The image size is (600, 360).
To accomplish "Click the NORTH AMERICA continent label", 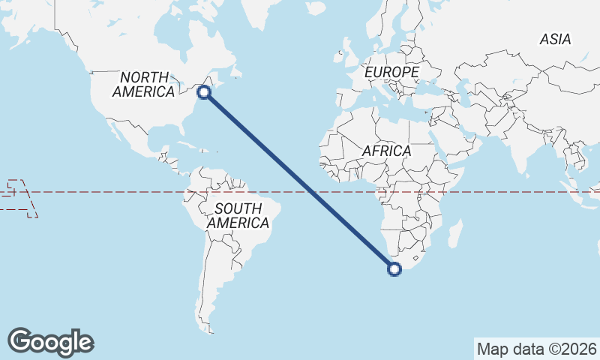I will [143, 83].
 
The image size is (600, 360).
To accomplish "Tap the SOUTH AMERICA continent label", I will [238, 215].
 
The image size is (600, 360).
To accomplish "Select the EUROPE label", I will [391, 71].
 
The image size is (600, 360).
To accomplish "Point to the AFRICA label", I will [386, 151].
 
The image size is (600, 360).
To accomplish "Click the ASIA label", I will [555, 39].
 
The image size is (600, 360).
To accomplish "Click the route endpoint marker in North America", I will [203, 92].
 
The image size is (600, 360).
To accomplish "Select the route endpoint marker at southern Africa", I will [394, 270].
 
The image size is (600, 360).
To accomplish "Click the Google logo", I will [51, 342].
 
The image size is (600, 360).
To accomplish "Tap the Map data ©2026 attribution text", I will [537, 349].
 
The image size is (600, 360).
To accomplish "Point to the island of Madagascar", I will [454, 233].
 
